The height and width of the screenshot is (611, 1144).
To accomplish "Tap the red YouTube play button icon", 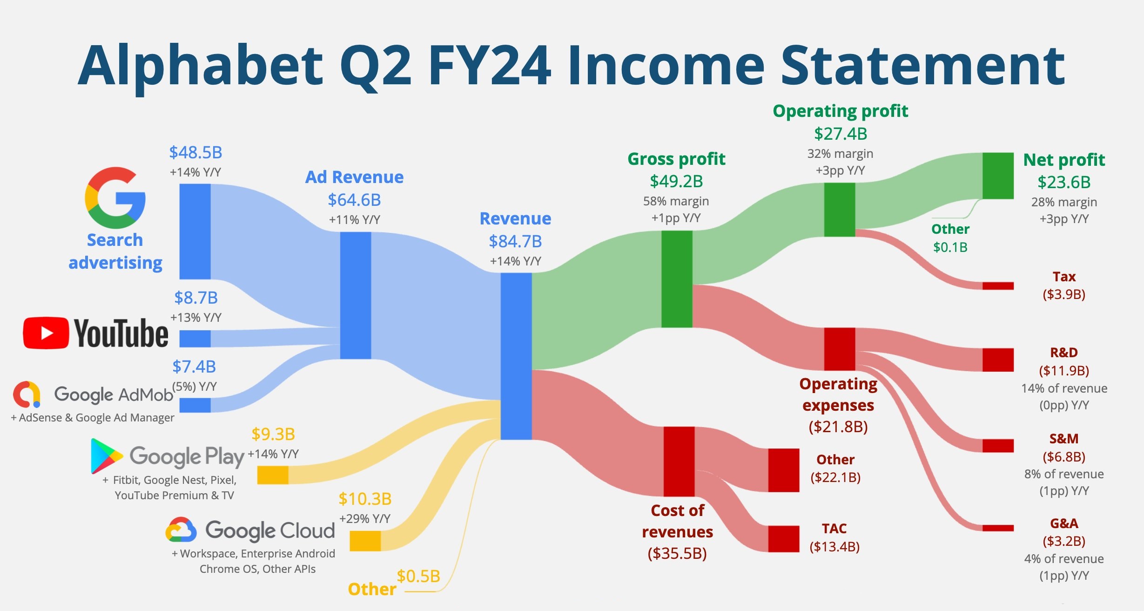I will (x=46, y=333).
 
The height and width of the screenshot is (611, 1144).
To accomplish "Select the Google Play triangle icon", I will (x=106, y=455).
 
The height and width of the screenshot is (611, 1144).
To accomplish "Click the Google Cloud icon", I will (x=181, y=530).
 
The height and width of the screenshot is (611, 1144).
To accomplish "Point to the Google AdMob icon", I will (x=27, y=394).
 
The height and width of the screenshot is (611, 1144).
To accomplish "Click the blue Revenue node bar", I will (x=516, y=356).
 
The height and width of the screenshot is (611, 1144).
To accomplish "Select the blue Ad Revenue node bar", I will (x=356, y=295).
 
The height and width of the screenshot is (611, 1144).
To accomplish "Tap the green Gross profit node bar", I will (x=677, y=278).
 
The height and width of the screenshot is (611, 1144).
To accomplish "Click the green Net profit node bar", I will (x=998, y=176).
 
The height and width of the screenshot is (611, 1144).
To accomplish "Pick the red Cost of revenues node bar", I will (x=679, y=461).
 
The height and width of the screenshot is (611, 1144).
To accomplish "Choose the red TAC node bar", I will (x=783, y=539).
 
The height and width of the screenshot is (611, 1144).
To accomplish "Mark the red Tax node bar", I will (x=998, y=286).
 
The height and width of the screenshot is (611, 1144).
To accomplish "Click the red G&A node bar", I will (x=998, y=528).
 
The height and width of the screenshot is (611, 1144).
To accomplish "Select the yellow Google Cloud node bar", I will (x=365, y=541).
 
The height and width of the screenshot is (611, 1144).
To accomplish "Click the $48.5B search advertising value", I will (x=195, y=153).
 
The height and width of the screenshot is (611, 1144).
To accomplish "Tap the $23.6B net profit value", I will (x=1064, y=182).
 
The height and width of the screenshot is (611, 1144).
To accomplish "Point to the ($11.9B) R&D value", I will (x=1064, y=371).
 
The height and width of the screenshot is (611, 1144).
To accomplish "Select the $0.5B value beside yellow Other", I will (x=418, y=577).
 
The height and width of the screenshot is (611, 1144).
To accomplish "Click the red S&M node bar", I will (x=998, y=445).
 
